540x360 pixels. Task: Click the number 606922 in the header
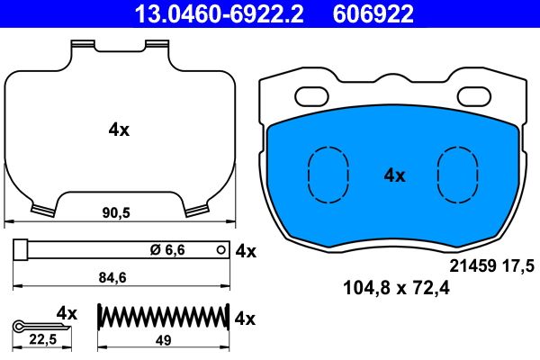pyautogui.click(x=374, y=13)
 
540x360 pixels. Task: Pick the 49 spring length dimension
pyautogui.click(x=162, y=339)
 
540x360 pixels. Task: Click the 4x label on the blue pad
pyautogui.click(x=394, y=175)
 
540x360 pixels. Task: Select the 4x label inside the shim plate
pyautogui.click(x=119, y=130)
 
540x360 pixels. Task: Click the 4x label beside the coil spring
pyautogui.click(x=246, y=319)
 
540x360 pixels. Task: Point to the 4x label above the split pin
pyautogui.click(x=67, y=312)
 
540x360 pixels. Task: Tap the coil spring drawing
pyautogui.click(x=162, y=319)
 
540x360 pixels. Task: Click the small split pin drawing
pyautogui.click(x=32, y=324)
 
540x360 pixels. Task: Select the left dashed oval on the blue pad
pyautogui.click(x=328, y=173)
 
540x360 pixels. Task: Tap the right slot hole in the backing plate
pyautogui.click(x=474, y=96)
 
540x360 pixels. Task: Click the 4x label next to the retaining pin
pyautogui.click(x=246, y=251)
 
